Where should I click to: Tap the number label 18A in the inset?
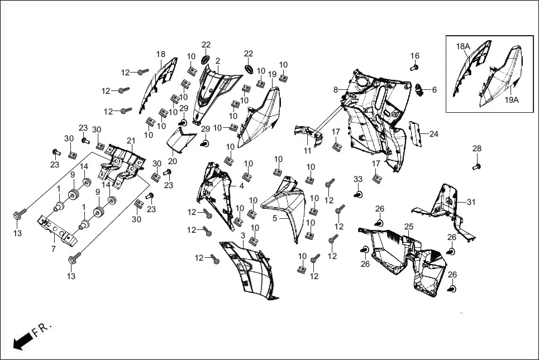[x=463, y=46]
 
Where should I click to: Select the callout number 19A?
[x=512, y=100]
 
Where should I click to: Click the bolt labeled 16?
[x=414, y=68]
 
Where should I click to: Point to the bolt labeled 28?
[x=476, y=165]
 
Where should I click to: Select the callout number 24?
[x=433, y=134]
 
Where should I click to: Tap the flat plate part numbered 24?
[x=414, y=135]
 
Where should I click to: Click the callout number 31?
[x=471, y=202]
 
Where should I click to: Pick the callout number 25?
[x=409, y=227]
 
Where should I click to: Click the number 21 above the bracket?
[x=131, y=140]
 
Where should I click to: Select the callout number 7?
[x=54, y=249]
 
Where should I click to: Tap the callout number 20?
[x=172, y=161]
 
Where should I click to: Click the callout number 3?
[x=242, y=236]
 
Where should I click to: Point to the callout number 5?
[x=275, y=218]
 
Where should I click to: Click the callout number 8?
[x=336, y=89]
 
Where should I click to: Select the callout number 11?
[x=308, y=151]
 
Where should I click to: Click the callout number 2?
[x=218, y=61]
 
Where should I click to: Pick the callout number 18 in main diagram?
[x=161, y=54]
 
